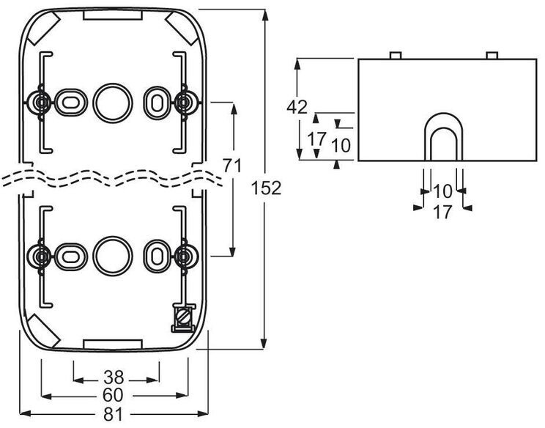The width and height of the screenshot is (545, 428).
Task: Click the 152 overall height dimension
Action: (266, 188)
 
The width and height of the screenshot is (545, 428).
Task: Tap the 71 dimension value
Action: (231, 166)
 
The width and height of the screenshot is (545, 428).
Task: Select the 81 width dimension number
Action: (114, 414)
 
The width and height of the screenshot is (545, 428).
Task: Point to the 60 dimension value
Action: (114, 395)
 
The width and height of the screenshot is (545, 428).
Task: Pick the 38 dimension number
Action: (114, 377)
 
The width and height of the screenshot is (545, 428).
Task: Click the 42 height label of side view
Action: (297, 107)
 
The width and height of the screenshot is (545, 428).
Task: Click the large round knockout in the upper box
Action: (113, 103)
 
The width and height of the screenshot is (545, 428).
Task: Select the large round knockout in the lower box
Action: (113, 257)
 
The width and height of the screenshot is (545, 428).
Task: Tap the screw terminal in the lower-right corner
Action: (184, 318)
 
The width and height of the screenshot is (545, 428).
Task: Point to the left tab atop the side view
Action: (396, 55)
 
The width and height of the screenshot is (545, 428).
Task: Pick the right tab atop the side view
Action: (492, 55)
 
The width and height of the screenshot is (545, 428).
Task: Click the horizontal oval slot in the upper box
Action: (70, 102)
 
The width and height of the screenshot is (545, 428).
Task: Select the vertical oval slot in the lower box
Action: (157, 256)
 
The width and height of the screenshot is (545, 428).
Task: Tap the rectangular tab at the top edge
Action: (113, 15)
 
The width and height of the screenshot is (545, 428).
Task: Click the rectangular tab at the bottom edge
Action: (113, 344)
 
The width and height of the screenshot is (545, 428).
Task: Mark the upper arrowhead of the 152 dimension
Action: (265, 15)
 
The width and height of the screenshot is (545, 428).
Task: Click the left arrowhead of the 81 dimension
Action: (26, 414)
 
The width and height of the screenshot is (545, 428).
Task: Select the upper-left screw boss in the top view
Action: (42, 103)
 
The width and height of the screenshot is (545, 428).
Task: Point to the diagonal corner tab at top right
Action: (182, 28)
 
